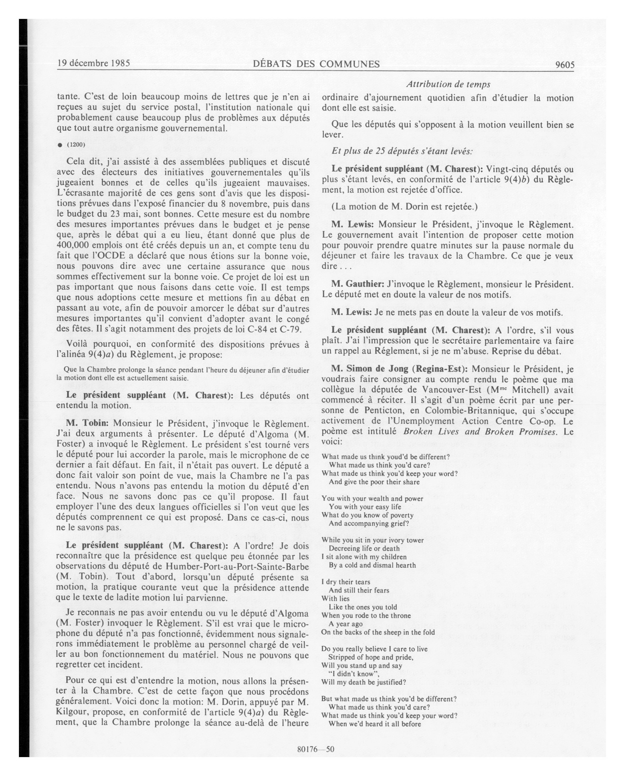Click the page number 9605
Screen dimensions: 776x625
pos(564,65)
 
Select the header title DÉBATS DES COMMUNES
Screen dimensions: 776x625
pos(316,64)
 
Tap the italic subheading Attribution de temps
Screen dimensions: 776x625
pos(448,84)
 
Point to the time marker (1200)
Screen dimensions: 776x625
pos(76,145)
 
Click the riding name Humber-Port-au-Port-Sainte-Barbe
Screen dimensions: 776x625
pos(237,567)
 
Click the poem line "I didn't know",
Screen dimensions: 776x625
pos(353,674)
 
